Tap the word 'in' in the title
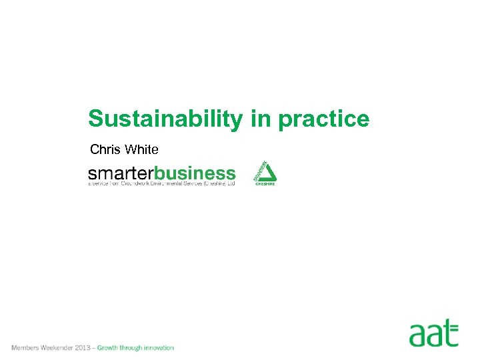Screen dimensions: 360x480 coord(261,119)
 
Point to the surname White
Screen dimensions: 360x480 coord(141,149)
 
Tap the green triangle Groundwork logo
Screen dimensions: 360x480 coord(265,172)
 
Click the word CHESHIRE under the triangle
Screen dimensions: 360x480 coord(265,184)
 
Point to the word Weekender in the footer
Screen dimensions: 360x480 coord(58,348)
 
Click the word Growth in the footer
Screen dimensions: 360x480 coord(109,348)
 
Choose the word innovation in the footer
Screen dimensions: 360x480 coord(160,348)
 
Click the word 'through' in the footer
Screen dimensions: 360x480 coord(133,348)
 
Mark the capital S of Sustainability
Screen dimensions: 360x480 coord(95,119)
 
